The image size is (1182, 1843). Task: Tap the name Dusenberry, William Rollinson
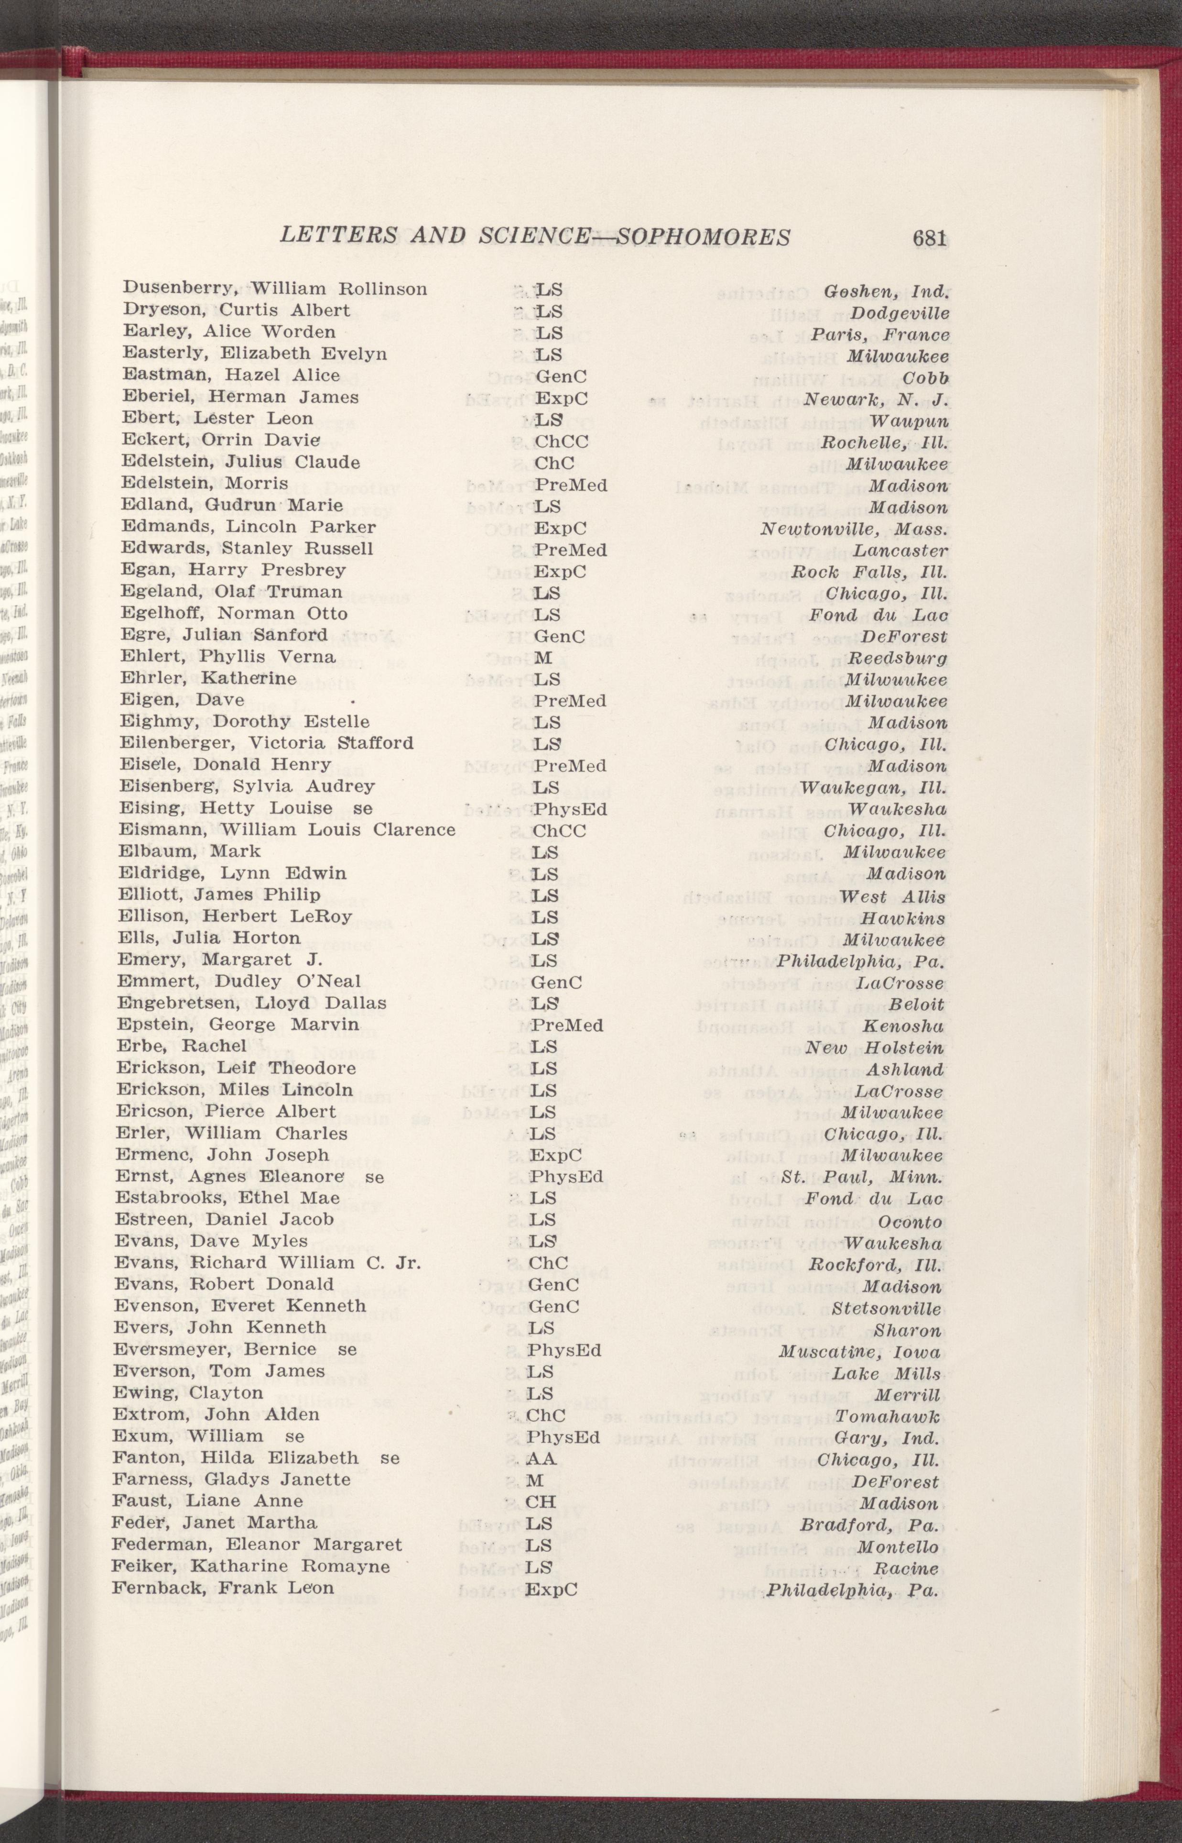tap(275, 289)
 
